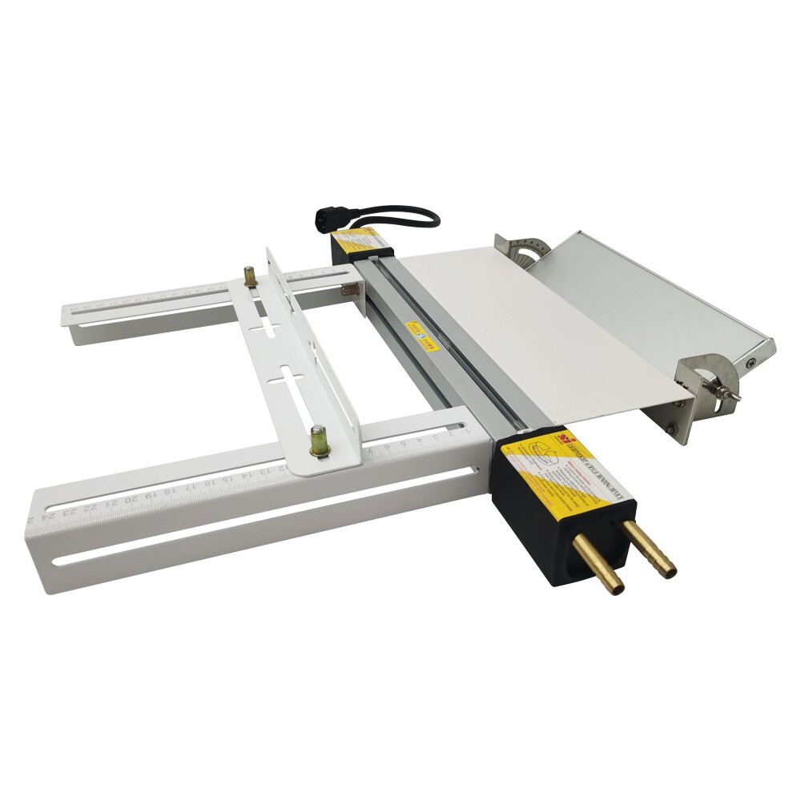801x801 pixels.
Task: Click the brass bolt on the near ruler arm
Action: click(x=319, y=441)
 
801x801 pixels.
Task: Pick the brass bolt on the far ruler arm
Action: click(x=250, y=276)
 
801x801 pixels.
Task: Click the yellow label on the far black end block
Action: click(x=357, y=238)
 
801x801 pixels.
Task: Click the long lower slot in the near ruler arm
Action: click(x=264, y=517)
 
